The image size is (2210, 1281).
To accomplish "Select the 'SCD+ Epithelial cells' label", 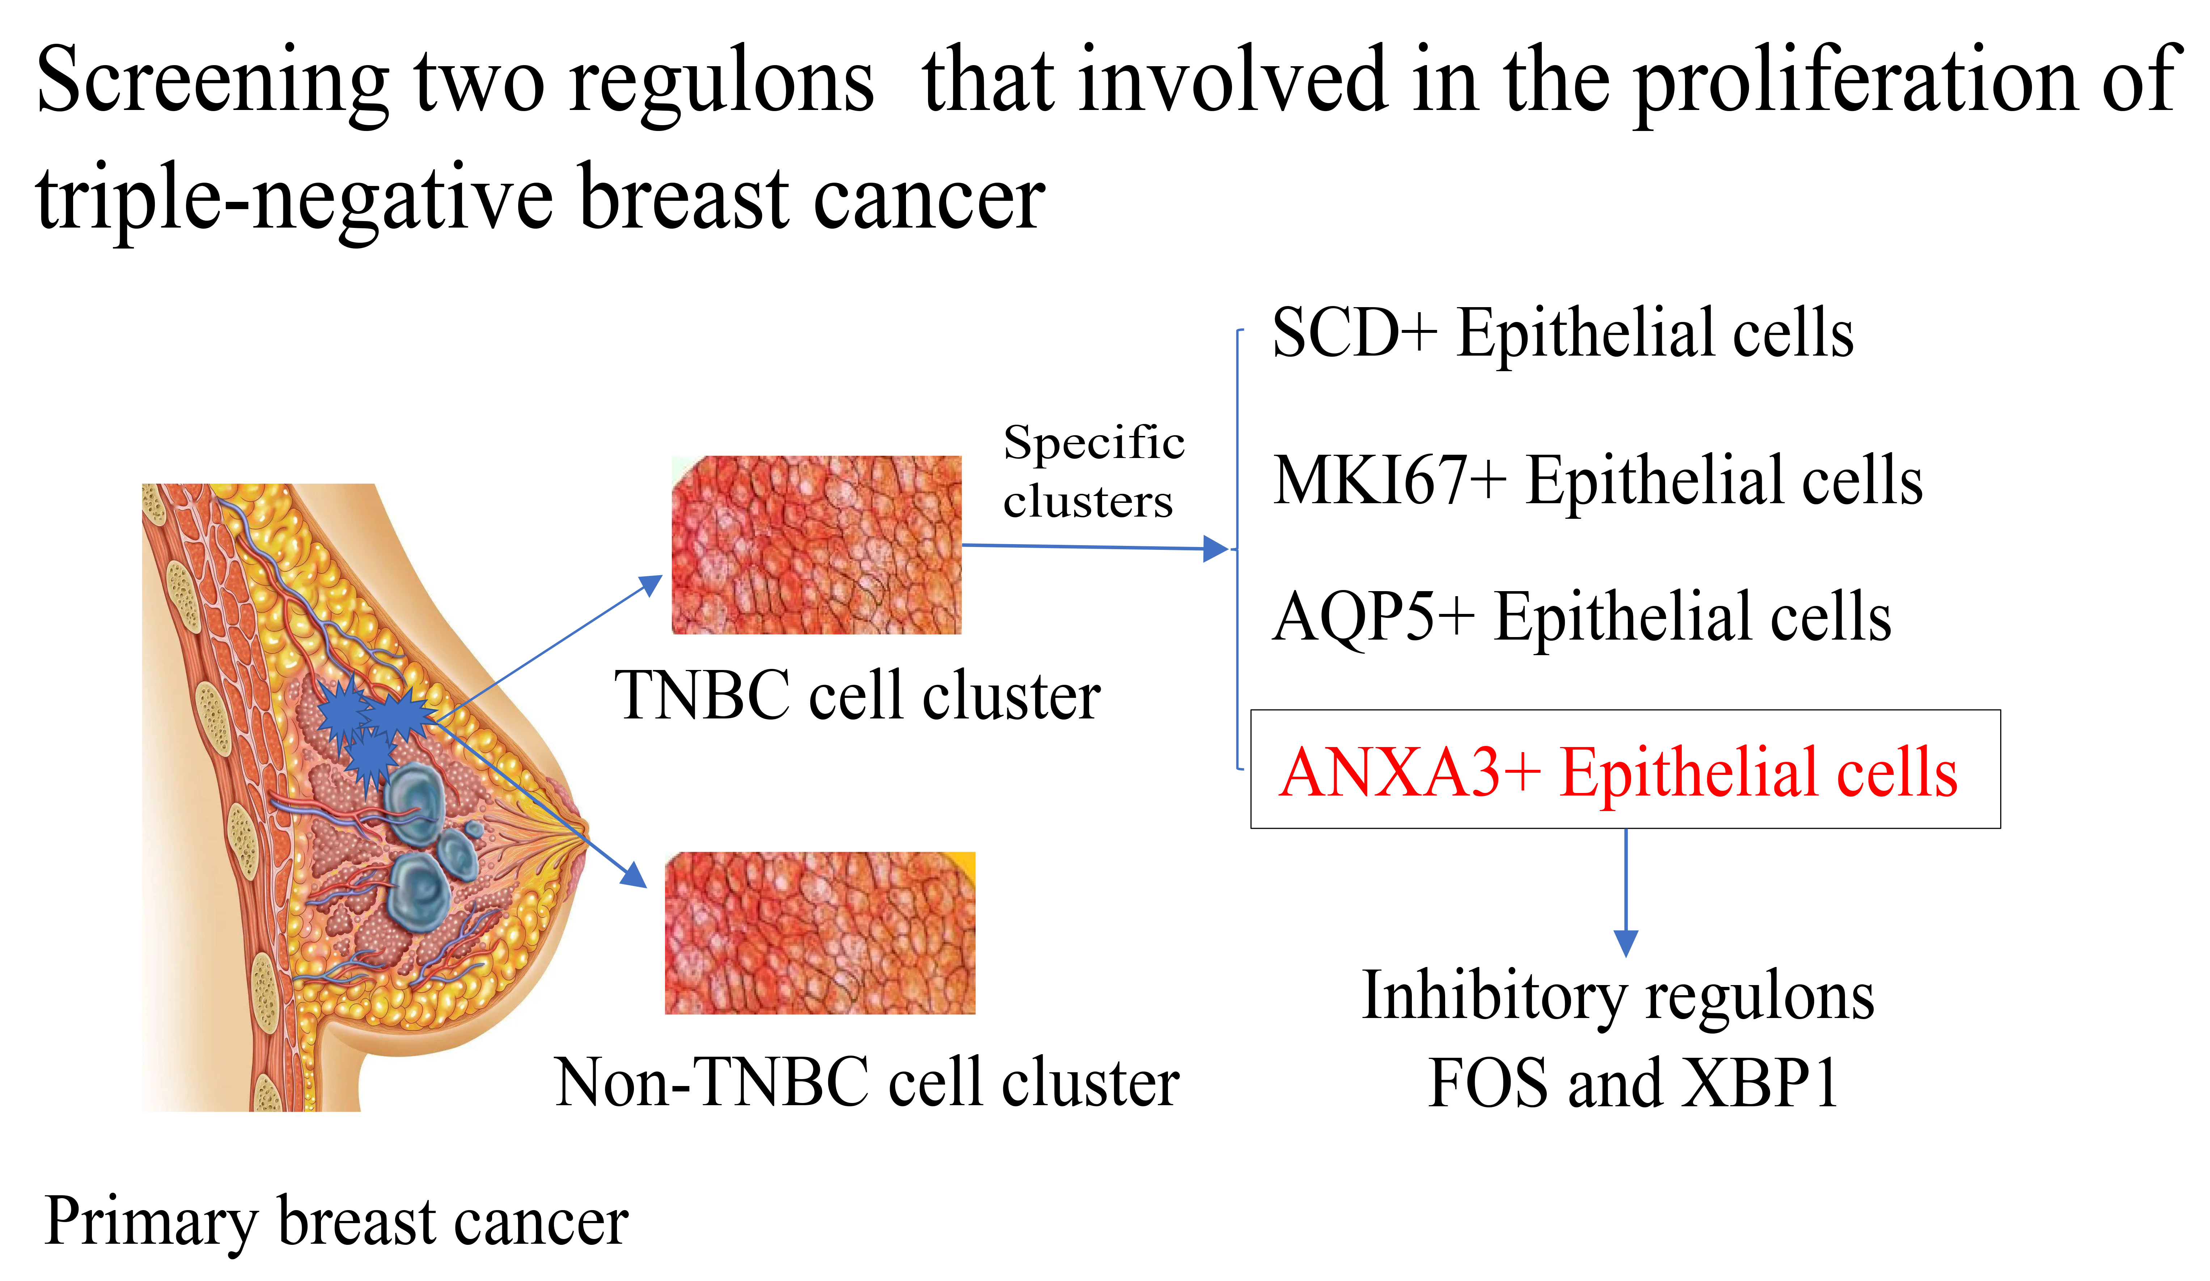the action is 1563,333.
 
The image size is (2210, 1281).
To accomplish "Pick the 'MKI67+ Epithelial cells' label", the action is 1598,480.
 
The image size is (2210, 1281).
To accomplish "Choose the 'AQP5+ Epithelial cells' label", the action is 1582,616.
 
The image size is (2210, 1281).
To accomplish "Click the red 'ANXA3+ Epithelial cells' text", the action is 1618,772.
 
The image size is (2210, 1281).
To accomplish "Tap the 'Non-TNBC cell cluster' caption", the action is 867,1081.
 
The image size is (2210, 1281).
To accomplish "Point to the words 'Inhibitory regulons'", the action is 1618,997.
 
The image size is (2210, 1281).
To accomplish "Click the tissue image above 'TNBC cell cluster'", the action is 817,544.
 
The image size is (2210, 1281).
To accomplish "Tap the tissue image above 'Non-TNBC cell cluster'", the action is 820,933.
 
